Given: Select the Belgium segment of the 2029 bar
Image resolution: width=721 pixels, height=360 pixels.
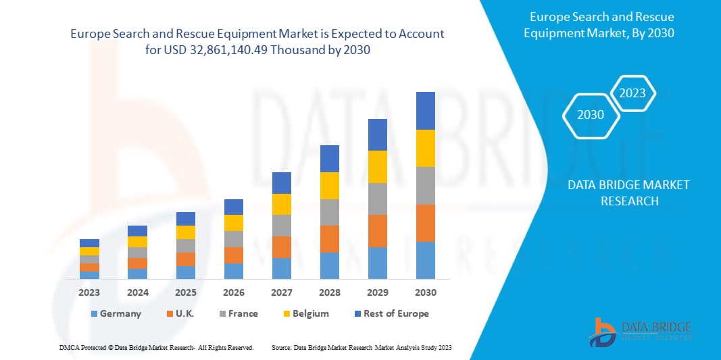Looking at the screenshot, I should tap(377, 166).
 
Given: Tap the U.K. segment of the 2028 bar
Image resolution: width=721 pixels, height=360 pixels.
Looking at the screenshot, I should tap(329, 238).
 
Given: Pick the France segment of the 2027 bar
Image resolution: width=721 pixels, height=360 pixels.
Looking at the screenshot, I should tap(281, 225).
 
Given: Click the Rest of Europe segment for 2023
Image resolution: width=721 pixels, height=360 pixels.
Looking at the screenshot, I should tap(89, 243).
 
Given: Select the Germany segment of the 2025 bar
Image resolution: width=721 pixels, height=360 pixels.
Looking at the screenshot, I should tap(185, 272).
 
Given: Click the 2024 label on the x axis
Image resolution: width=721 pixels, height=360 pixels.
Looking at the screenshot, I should tap(137, 292).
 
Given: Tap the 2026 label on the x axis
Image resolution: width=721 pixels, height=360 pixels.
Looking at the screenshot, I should tap(233, 292).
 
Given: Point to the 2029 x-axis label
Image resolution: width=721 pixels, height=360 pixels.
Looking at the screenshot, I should tap(377, 292).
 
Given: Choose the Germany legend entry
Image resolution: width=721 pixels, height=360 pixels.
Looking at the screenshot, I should tap(116, 313).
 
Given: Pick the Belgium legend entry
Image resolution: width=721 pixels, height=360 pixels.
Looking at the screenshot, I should tap(304, 313).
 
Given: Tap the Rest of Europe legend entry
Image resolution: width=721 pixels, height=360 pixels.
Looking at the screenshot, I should tap(391, 313).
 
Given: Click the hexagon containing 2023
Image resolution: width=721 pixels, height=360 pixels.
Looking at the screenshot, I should tap(632, 93).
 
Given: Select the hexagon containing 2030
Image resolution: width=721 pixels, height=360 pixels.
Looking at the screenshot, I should tap(591, 115).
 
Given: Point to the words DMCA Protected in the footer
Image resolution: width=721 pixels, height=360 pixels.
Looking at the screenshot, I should tap(80, 347).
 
